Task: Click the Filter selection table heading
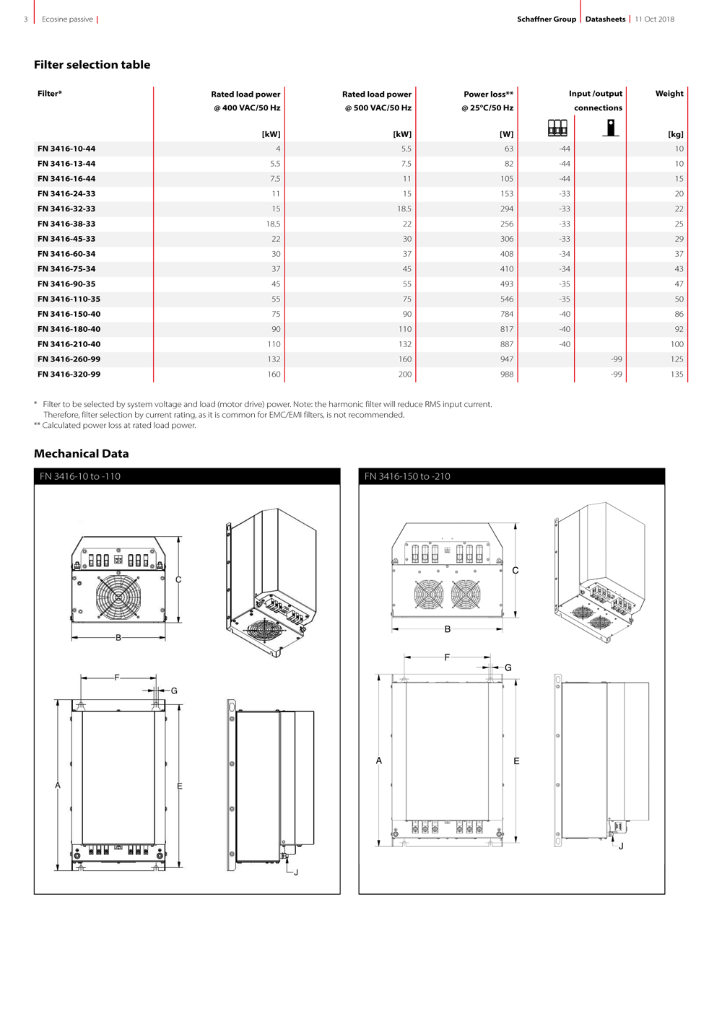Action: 92,65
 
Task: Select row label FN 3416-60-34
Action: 66,254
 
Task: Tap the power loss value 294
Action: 506,209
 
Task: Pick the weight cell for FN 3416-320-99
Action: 677,374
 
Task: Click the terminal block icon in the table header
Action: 557,128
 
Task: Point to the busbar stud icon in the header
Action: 611,128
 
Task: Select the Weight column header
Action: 669,93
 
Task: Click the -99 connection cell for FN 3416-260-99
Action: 616,359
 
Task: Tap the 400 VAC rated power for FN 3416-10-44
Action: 278,149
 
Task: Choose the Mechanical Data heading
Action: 81,454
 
